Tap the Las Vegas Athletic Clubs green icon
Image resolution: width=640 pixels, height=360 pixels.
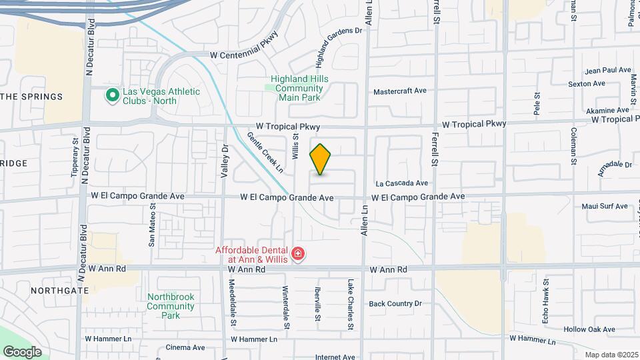tap(112, 95)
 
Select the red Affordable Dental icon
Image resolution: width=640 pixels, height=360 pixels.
tap(298, 254)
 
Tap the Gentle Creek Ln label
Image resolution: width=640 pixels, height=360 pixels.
tap(265, 152)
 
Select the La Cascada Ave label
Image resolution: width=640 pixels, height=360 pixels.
tap(401, 183)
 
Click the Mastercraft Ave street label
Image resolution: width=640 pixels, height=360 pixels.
tap(399, 91)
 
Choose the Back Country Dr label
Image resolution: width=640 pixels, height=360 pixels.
tap(395, 303)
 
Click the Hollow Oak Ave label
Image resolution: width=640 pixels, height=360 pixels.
tap(589, 329)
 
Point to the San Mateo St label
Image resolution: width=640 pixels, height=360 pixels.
tap(152, 227)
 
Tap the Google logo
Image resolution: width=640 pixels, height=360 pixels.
tap(22, 351)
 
